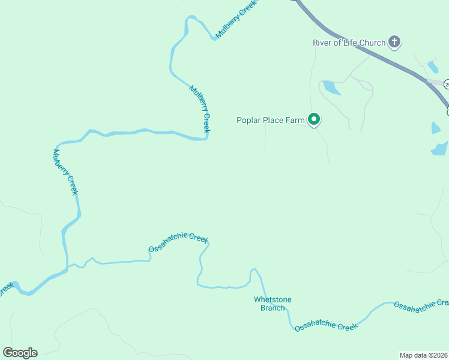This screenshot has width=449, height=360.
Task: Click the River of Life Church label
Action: pos(349,43)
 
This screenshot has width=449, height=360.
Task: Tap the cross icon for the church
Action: pos(394,42)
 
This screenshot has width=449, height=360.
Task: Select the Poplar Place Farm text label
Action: pos(270,120)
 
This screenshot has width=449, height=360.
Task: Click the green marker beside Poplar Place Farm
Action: pos(313,120)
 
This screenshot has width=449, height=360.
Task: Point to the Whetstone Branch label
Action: pos(272,304)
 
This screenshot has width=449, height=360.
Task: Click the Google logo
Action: pos(20,352)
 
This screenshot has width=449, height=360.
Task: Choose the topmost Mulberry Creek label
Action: pos(236,19)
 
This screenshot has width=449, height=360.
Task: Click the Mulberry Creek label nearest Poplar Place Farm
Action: pos(200,109)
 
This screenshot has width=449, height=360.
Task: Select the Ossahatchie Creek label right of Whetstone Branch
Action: pos(326,326)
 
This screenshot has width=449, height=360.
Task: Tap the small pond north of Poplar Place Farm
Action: pos(331,88)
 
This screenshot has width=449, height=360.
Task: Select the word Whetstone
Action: pos(272,299)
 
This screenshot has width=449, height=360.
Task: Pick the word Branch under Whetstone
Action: pos(272,308)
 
